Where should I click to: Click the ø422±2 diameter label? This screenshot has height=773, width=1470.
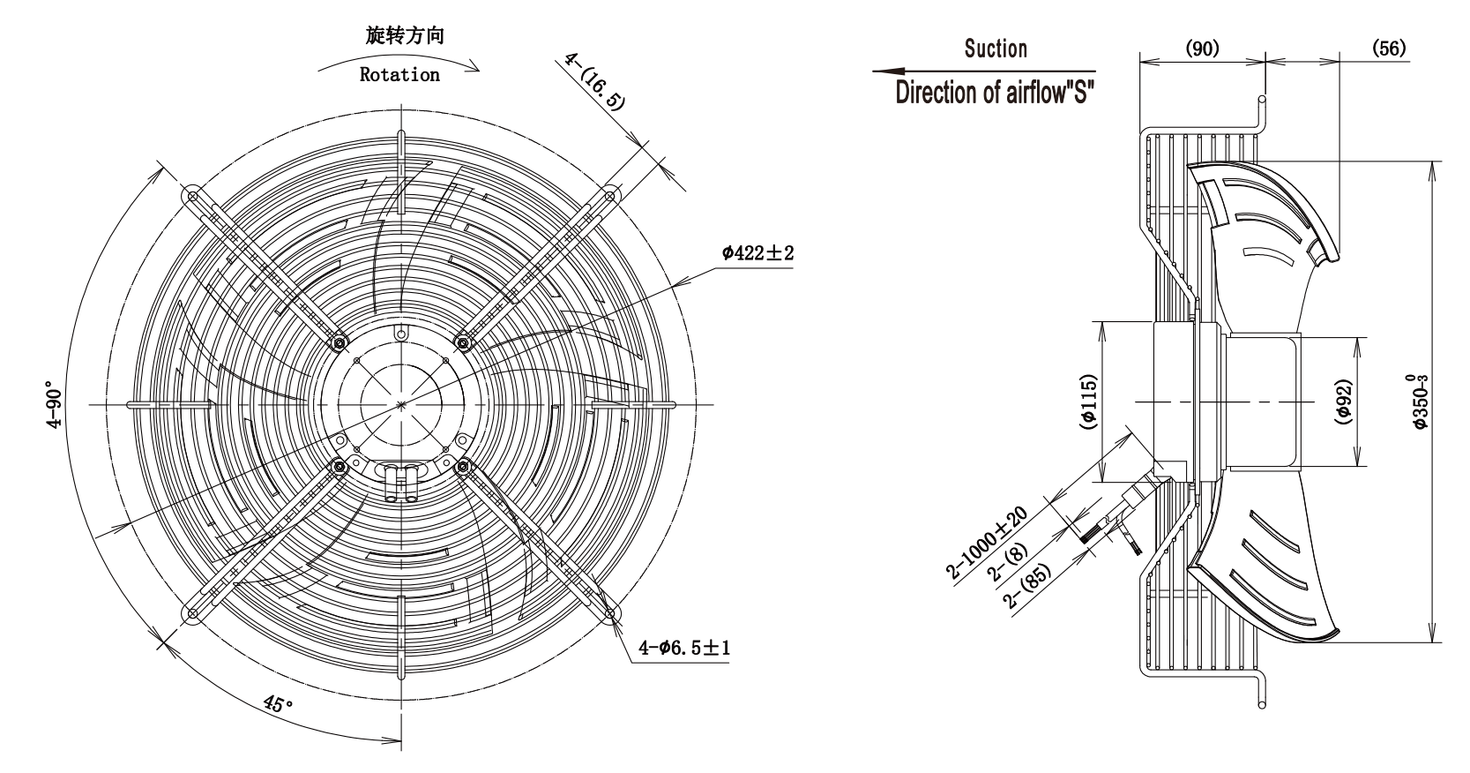coord(758,253)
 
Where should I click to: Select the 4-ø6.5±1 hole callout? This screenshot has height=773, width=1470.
coord(684,649)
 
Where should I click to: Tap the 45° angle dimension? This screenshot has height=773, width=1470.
coord(279,704)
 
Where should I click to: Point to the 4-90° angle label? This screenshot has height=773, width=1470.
coord(55,404)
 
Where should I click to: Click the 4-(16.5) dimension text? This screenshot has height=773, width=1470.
coord(594,81)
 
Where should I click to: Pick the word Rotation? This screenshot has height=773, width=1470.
coord(399,75)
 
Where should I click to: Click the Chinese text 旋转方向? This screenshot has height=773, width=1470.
coord(405,34)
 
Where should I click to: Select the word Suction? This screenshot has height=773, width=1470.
coord(996,49)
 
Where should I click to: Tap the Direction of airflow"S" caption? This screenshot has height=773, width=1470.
coord(995,93)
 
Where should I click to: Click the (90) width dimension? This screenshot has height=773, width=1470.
coord(1202,48)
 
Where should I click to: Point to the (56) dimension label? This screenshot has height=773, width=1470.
coord(1389,48)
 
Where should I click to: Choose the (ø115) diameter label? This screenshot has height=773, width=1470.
coord(1088,402)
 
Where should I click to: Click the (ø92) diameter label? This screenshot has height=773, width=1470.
coord(1343,402)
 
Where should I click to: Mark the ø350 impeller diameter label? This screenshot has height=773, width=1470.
coord(1418,402)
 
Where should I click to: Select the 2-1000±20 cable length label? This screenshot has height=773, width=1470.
coord(987,543)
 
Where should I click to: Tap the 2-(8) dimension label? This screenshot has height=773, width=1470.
coord(1007,563)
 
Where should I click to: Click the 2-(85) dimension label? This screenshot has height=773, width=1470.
coord(1027,586)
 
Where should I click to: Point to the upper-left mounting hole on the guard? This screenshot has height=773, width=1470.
coord(193,196)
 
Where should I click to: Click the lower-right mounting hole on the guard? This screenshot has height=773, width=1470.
coord(609,613)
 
